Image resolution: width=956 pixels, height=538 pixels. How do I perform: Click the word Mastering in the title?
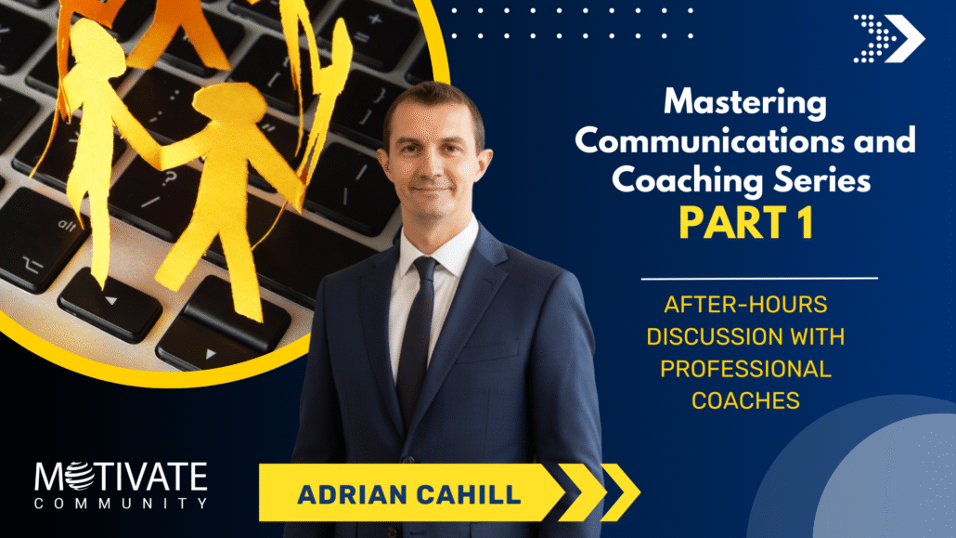745,102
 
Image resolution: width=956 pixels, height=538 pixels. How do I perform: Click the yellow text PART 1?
746,223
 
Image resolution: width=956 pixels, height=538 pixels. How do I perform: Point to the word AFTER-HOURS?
745,304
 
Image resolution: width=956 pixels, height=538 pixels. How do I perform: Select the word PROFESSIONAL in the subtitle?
745,369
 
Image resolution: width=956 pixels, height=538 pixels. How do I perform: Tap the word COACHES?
745,400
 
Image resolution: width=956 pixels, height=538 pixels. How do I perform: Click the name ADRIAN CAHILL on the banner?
409,494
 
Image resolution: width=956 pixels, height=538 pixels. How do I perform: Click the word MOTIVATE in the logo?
121,477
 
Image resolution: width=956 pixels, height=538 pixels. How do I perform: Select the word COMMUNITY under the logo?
121,504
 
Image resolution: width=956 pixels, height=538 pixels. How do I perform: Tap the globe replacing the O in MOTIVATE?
81,477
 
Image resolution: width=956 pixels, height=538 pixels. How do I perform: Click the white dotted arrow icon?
889,38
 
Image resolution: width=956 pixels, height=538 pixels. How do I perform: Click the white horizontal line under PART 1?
759,279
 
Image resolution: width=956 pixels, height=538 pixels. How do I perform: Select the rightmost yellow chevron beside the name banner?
621,492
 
